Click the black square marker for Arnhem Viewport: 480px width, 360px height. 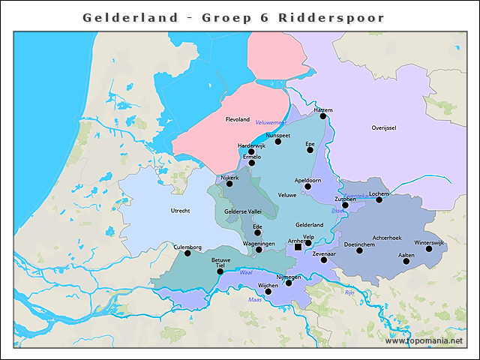[x=298, y=247]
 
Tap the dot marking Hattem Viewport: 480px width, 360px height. [x=322, y=115]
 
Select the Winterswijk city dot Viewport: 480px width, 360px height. [x=429, y=248]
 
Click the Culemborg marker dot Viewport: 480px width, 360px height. [x=187, y=253]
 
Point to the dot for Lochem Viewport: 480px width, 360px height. [x=379, y=199]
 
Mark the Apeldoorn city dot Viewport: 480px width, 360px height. [x=307, y=186]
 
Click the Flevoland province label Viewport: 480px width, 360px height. [x=237, y=119]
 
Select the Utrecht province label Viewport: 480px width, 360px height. [x=180, y=211]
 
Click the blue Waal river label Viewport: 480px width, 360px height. [x=244, y=273]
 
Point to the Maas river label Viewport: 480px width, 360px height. [x=255, y=300]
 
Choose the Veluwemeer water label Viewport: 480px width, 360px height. [x=271, y=122]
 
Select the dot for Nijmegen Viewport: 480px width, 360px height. [x=289, y=283]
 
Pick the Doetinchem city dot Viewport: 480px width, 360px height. [x=358, y=250]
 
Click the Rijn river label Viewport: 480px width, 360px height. [x=349, y=293]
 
